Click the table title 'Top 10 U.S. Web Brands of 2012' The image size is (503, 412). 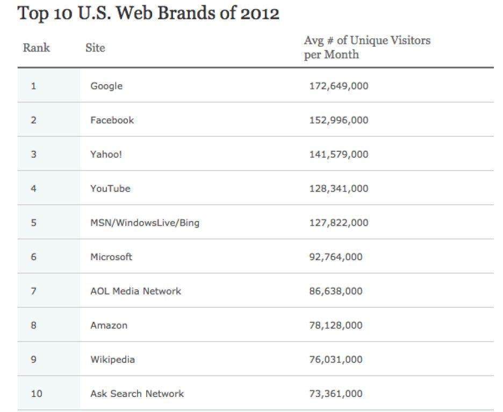tap(148, 13)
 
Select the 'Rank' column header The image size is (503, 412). tap(36, 48)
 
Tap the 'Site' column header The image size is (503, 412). tap(95, 48)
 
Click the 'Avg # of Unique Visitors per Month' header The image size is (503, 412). tap(367, 47)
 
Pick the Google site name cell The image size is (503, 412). tap(106, 86)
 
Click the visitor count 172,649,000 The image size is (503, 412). tap(339, 86)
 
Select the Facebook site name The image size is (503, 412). tap(112, 120)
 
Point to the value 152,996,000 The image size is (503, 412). tap(339, 120)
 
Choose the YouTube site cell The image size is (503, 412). tap(110, 188)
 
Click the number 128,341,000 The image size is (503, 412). tap(339, 188)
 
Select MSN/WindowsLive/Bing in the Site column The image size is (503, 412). tap(145, 223)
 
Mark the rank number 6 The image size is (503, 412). tap(34, 257)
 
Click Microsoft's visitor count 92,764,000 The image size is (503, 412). tap(336, 257)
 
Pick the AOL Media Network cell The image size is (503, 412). tap(135, 291)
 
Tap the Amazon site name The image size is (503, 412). tap(109, 325)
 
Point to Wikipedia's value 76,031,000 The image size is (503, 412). tap(336, 359)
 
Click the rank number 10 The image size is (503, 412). tap(36, 394)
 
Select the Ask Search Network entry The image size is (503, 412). tap(137, 394)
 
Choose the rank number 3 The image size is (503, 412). tap(34, 154)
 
